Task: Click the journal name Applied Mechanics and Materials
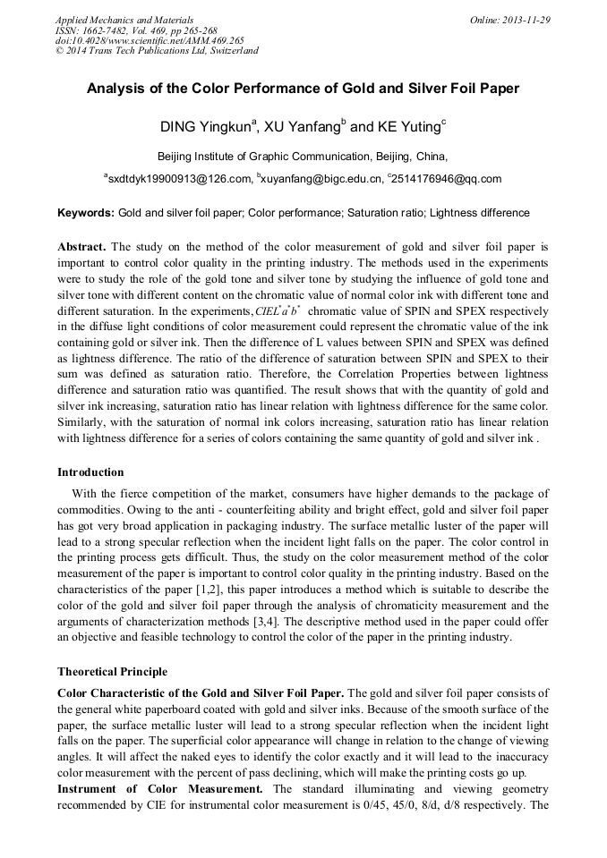124,19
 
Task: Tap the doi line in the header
149,40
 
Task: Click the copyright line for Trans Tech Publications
157,51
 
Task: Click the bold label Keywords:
86,213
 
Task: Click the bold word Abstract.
82,246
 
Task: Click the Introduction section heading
90,471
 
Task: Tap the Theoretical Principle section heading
112,671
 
